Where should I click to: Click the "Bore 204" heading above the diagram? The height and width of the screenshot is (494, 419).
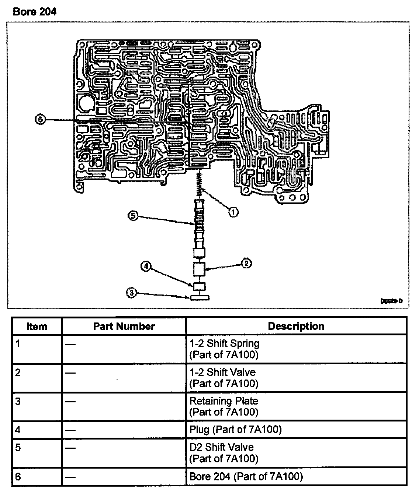click(x=35, y=12)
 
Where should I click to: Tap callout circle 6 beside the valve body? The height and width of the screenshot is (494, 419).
click(x=40, y=120)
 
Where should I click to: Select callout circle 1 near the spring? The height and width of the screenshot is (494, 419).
click(x=233, y=212)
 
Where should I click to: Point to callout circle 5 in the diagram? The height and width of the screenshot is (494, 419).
click(x=132, y=216)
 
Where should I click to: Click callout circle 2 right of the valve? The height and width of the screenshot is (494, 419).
click(x=246, y=263)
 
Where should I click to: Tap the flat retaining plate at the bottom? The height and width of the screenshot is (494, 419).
click(x=200, y=297)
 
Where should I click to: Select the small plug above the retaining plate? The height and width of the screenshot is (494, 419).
click(x=200, y=286)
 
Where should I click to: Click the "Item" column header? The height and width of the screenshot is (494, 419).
click(x=37, y=327)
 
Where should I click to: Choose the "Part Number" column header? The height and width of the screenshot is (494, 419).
click(x=124, y=327)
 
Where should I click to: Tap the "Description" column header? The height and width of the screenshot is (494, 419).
click(x=296, y=327)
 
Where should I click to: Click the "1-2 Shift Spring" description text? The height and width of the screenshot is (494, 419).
click(x=225, y=343)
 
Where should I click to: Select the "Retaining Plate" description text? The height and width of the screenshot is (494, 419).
click(x=224, y=401)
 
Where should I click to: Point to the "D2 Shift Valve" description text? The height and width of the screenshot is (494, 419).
click(x=222, y=447)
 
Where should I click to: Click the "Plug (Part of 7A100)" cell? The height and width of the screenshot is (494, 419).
click(x=235, y=430)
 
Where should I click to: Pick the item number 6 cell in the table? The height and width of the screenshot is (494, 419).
click(x=18, y=477)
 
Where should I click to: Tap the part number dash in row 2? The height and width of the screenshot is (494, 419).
click(x=70, y=373)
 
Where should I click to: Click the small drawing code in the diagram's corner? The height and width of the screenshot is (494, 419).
click(x=392, y=301)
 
